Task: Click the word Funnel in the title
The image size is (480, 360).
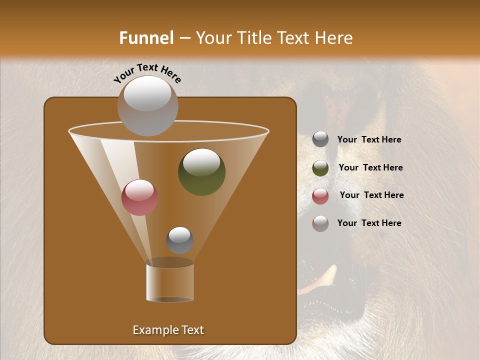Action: click(146, 37)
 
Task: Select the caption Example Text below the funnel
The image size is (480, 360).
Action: click(168, 330)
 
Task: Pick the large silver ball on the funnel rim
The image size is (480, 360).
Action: click(148, 106)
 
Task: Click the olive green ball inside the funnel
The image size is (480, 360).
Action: click(201, 171)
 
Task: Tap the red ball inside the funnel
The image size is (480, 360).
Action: click(139, 197)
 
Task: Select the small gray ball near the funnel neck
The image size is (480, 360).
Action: click(179, 240)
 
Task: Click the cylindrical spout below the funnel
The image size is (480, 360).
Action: click(170, 282)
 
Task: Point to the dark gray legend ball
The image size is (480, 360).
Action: click(320, 139)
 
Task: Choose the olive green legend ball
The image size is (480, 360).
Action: click(320, 167)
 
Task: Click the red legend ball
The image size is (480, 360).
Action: click(320, 195)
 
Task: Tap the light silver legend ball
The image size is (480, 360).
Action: click(320, 223)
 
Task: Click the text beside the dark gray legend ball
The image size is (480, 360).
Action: click(369, 140)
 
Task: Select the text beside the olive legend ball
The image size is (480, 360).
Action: click(370, 168)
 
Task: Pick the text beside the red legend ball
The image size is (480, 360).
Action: click(371, 195)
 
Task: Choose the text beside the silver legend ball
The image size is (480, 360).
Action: click(369, 223)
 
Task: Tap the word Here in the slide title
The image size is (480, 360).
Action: click(333, 37)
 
